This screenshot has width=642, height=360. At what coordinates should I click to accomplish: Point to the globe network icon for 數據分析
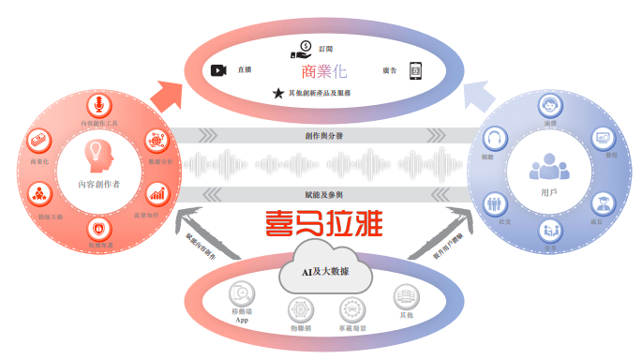[x=157, y=142]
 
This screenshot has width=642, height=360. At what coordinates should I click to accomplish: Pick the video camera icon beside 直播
[x=218, y=70]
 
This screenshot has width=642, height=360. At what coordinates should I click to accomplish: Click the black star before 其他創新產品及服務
[x=278, y=93]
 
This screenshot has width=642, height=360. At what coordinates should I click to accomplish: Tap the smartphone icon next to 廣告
[x=415, y=70]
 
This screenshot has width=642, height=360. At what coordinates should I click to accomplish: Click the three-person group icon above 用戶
[x=549, y=167]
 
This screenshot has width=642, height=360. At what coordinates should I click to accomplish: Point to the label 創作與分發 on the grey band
[x=321, y=137]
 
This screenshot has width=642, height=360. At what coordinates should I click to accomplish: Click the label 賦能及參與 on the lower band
[x=321, y=194]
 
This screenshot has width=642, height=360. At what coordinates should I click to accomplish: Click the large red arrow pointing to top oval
[x=169, y=95]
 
